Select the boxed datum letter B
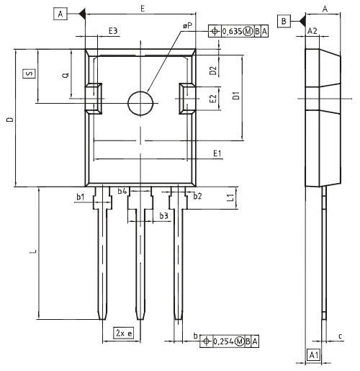point(285,22)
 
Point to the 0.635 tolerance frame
point(238,30)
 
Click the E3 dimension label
point(113,30)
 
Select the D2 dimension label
point(212,70)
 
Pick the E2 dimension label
point(212,99)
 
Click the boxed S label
point(29,74)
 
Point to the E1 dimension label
point(217,153)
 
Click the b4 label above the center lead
point(122,192)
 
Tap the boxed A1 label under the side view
point(313,354)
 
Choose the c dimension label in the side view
point(339,336)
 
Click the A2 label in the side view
point(312,32)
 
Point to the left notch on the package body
point(94,98)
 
